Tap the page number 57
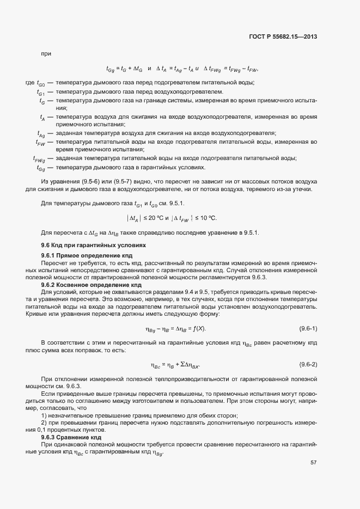coord(314,463)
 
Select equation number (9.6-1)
coord(308,329)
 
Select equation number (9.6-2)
coord(308,364)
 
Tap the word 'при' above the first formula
coord(46,53)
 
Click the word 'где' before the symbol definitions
coord(30,82)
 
